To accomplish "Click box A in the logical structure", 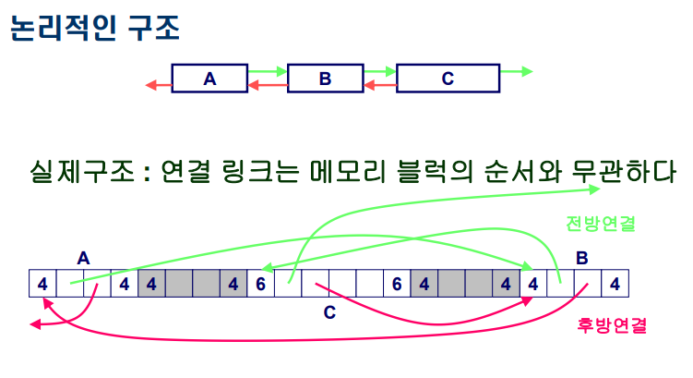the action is click(x=209, y=79).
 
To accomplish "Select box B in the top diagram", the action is click(x=325, y=79).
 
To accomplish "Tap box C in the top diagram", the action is click(x=448, y=79).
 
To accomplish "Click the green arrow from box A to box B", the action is click(x=268, y=70).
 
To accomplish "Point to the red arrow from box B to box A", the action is click(x=268, y=86).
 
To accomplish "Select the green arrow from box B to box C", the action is click(x=379, y=70).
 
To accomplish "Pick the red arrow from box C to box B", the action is click(x=379, y=86).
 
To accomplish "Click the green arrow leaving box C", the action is click(x=517, y=70).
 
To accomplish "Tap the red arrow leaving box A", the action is click(x=159, y=86).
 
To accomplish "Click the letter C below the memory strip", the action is click(x=329, y=311).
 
